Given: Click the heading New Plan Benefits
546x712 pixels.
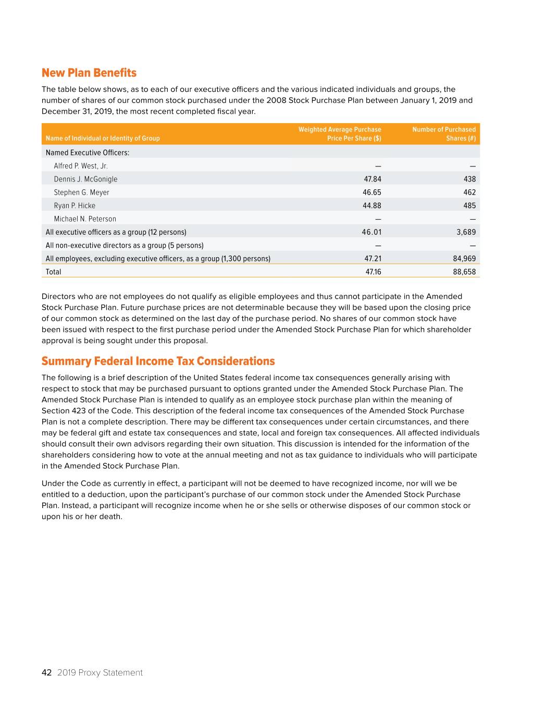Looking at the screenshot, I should tap(89, 73).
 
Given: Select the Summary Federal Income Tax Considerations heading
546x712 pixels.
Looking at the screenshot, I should tap(158, 361).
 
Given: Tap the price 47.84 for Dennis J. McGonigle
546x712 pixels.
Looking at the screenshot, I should tap(372, 179).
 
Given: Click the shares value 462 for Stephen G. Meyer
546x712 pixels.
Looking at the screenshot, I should tap(469, 192).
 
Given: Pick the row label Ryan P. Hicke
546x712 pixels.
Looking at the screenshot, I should tap(75, 206).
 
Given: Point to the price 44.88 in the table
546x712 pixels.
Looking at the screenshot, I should tap(371, 206).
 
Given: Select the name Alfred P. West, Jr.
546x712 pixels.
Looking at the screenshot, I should tap(81, 166).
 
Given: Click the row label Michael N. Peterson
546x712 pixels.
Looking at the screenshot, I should tap(85, 219).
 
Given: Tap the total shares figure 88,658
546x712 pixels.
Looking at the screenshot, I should tap(464, 272).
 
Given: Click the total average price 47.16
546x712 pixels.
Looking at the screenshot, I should tap(373, 272).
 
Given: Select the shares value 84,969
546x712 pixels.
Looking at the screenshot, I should tap(464, 259).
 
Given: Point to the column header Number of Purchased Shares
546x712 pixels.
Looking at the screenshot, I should tap(444, 134).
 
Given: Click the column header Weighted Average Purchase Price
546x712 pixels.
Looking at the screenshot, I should tap(340, 134).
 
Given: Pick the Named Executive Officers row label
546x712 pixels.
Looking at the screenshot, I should tap(88, 153).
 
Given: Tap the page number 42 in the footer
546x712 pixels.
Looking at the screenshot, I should tap(46, 673).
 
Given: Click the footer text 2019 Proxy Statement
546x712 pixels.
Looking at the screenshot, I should tap(100, 673).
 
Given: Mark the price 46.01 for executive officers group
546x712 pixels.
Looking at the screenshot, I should tap(371, 232).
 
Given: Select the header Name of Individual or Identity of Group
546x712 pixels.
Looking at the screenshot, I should tap(103, 138).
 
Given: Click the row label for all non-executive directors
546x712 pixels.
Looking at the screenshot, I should tap(125, 246).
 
